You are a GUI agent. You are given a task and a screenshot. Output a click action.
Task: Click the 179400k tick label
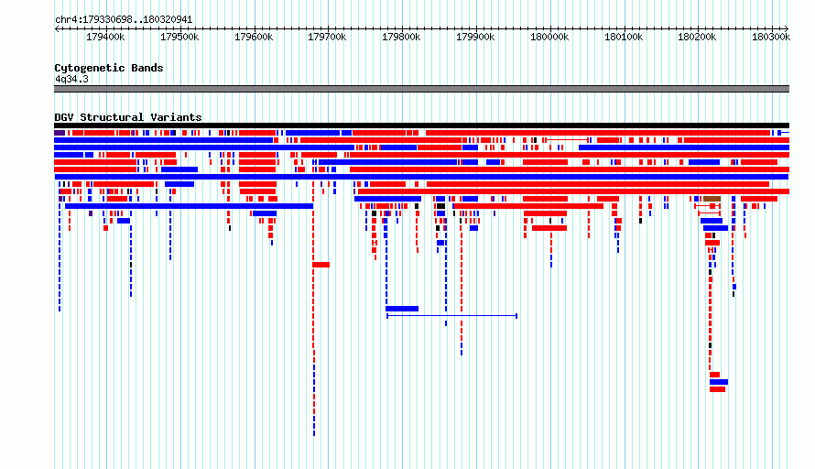click(105, 37)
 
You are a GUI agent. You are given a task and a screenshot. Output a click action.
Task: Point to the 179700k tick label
click(327, 37)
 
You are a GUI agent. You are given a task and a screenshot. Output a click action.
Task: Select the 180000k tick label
click(549, 37)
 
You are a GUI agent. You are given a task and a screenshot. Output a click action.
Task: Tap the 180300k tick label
click(771, 37)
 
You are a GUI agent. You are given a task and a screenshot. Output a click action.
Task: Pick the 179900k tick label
click(475, 37)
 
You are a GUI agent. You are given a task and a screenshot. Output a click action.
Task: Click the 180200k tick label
click(697, 37)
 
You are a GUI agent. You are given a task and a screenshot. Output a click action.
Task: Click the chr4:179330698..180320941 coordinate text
click(124, 20)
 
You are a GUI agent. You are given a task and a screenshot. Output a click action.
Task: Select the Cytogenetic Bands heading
click(109, 68)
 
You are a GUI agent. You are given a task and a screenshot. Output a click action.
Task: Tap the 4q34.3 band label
click(71, 79)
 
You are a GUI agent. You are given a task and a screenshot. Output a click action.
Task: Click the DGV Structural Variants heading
click(128, 117)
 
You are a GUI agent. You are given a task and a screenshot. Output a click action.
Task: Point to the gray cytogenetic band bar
click(421, 89)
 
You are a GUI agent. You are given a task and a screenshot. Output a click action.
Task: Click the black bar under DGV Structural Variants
click(421, 125)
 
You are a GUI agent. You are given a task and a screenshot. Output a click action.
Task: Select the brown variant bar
click(712, 199)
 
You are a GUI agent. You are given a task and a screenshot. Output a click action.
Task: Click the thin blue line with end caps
click(451, 316)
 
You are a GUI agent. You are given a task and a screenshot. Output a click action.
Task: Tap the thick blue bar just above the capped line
click(402, 309)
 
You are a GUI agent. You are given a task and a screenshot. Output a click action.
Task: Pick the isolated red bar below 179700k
click(321, 265)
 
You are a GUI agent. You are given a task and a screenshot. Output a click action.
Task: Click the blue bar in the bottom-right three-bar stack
click(719, 382)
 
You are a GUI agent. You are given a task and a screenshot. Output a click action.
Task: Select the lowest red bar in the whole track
click(717, 389)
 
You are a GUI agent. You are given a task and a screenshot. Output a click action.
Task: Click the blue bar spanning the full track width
click(421, 177)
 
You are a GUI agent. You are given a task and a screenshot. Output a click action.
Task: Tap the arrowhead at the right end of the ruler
click(787, 28)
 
